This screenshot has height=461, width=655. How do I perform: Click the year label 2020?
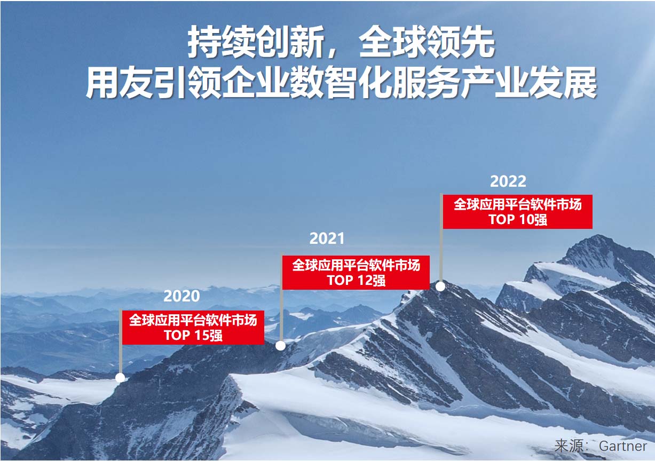pos(181,296)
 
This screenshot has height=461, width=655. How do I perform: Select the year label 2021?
pos(327,239)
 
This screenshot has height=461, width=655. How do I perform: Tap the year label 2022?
pos(508,181)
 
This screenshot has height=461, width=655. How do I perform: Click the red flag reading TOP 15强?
pos(193,328)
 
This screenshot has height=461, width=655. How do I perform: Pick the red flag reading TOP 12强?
pos(356,273)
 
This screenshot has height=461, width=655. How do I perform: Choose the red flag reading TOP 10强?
pos(518,212)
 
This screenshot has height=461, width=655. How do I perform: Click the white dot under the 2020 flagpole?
pos(120,378)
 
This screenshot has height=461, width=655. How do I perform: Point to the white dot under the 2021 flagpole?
pos(280,346)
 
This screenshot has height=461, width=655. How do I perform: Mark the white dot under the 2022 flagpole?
pos(440,287)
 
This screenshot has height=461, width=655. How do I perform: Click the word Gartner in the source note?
pos(623,446)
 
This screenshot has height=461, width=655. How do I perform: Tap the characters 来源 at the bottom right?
pos(570,446)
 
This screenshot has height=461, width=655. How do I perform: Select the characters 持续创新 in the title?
pos(255,42)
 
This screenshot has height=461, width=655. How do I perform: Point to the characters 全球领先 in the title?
pos(427,42)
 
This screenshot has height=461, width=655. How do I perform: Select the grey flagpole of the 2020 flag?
pos(121,341)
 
